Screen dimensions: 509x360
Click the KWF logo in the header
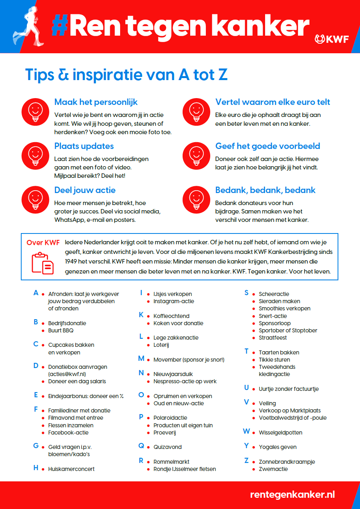coord(332,39)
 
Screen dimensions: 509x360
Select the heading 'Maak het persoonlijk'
coord(96,102)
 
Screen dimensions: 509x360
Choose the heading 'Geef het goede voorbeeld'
coord(267,146)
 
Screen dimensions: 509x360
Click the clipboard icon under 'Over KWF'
coord(43,262)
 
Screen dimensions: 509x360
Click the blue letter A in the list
coord(36,293)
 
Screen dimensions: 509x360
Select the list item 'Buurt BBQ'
coord(61,330)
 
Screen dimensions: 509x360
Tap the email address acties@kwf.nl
coord(67,374)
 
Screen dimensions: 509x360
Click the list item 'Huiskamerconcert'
coord(71,469)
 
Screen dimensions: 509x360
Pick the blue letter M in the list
coord(141,359)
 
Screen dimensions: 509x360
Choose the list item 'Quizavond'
coord(167,447)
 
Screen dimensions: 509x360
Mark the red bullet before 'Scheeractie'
coord(254,294)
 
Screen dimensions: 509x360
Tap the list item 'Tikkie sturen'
coord(274,360)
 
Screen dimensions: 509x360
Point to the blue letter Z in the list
coord(247,461)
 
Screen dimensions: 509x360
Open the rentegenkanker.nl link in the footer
coord(292,494)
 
